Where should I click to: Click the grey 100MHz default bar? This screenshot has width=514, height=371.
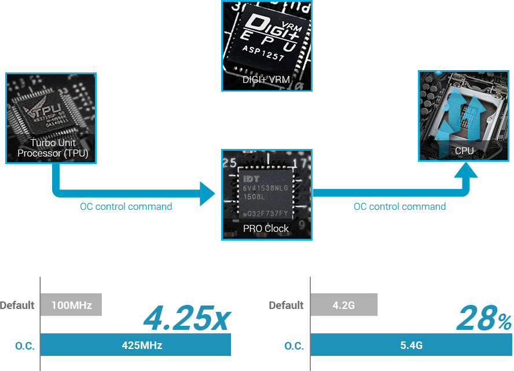point(71,305)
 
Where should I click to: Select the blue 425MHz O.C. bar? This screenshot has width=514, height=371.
point(136,345)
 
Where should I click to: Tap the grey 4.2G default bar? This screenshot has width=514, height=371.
point(344,305)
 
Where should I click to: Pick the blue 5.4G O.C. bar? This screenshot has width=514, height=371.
point(411,345)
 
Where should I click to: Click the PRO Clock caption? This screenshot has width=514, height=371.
point(266,228)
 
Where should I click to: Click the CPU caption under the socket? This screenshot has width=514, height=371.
point(464,151)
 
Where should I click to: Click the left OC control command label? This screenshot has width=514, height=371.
point(126,206)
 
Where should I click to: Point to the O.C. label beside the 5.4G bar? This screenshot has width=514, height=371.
point(294,346)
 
